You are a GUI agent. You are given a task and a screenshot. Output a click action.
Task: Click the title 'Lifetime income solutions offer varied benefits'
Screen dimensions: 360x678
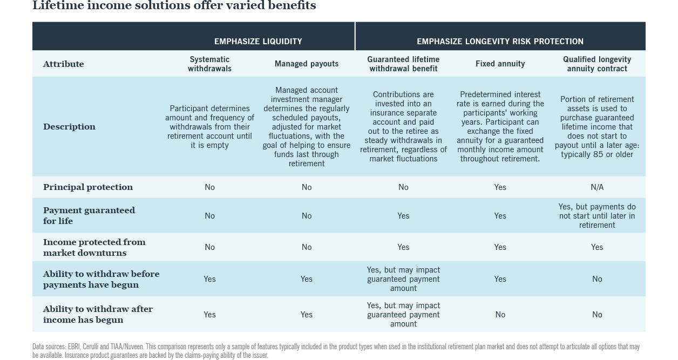click(174, 6)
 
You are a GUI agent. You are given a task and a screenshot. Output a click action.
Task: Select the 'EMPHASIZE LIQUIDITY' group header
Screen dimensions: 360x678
click(258, 42)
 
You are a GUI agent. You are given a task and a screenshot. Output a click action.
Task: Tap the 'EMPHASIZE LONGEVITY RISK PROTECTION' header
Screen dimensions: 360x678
click(500, 42)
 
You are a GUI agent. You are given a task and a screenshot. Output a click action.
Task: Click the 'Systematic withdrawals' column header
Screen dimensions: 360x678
click(209, 64)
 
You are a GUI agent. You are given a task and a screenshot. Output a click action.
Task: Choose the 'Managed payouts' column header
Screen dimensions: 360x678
click(307, 64)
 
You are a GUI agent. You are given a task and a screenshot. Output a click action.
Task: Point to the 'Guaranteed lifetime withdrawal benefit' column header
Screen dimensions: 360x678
click(403, 64)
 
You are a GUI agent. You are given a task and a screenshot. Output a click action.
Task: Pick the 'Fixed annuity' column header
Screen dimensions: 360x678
click(500, 64)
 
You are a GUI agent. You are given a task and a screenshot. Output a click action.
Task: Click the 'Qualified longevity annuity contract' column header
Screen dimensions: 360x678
click(597, 64)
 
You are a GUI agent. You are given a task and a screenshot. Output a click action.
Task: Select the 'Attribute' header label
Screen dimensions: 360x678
click(64, 64)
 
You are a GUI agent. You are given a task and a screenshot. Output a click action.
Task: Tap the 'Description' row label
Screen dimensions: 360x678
click(69, 127)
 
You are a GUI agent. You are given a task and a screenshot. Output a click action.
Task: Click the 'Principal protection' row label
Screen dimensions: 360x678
click(88, 187)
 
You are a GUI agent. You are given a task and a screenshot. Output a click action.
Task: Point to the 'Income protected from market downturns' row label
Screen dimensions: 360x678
click(94, 247)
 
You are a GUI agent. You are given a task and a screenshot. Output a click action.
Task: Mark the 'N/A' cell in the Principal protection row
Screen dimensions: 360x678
click(597, 187)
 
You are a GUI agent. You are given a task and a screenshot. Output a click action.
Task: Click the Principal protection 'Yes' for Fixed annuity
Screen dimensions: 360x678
click(500, 187)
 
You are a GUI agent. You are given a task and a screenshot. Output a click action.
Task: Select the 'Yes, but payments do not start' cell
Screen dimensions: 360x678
click(597, 216)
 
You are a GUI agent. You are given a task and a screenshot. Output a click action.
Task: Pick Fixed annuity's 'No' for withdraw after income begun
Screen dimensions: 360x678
click(500, 315)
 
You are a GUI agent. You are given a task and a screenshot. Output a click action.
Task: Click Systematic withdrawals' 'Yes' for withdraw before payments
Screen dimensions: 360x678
click(209, 279)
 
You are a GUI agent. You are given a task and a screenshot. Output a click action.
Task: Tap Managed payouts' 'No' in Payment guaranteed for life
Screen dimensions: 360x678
click(307, 216)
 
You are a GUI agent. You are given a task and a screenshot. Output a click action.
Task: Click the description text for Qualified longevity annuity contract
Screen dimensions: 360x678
click(597, 127)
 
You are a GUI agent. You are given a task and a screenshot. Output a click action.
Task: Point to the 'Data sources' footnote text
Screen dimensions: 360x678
click(336, 351)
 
